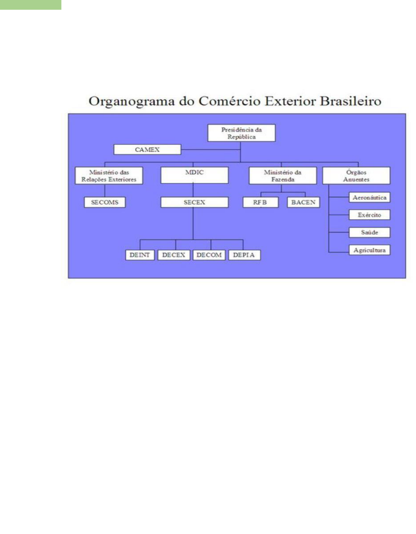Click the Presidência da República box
coord(241,133)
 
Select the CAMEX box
coord(147,149)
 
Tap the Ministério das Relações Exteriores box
coord(109,176)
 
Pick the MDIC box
coord(194,175)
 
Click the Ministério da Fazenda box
coord(282,176)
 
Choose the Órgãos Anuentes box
coord(356,176)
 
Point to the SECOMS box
coord(105,202)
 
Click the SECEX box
coord(194,202)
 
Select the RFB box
coord(260,202)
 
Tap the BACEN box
coord(303,202)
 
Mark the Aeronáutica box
coord(369,198)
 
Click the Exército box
coord(369,215)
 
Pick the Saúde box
coord(369,232)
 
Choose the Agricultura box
coord(369,250)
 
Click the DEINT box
coord(140,255)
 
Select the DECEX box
coord(174,255)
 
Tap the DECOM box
coord(209,255)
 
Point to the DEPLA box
coord(244,255)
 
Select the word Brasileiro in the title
coord(351,101)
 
